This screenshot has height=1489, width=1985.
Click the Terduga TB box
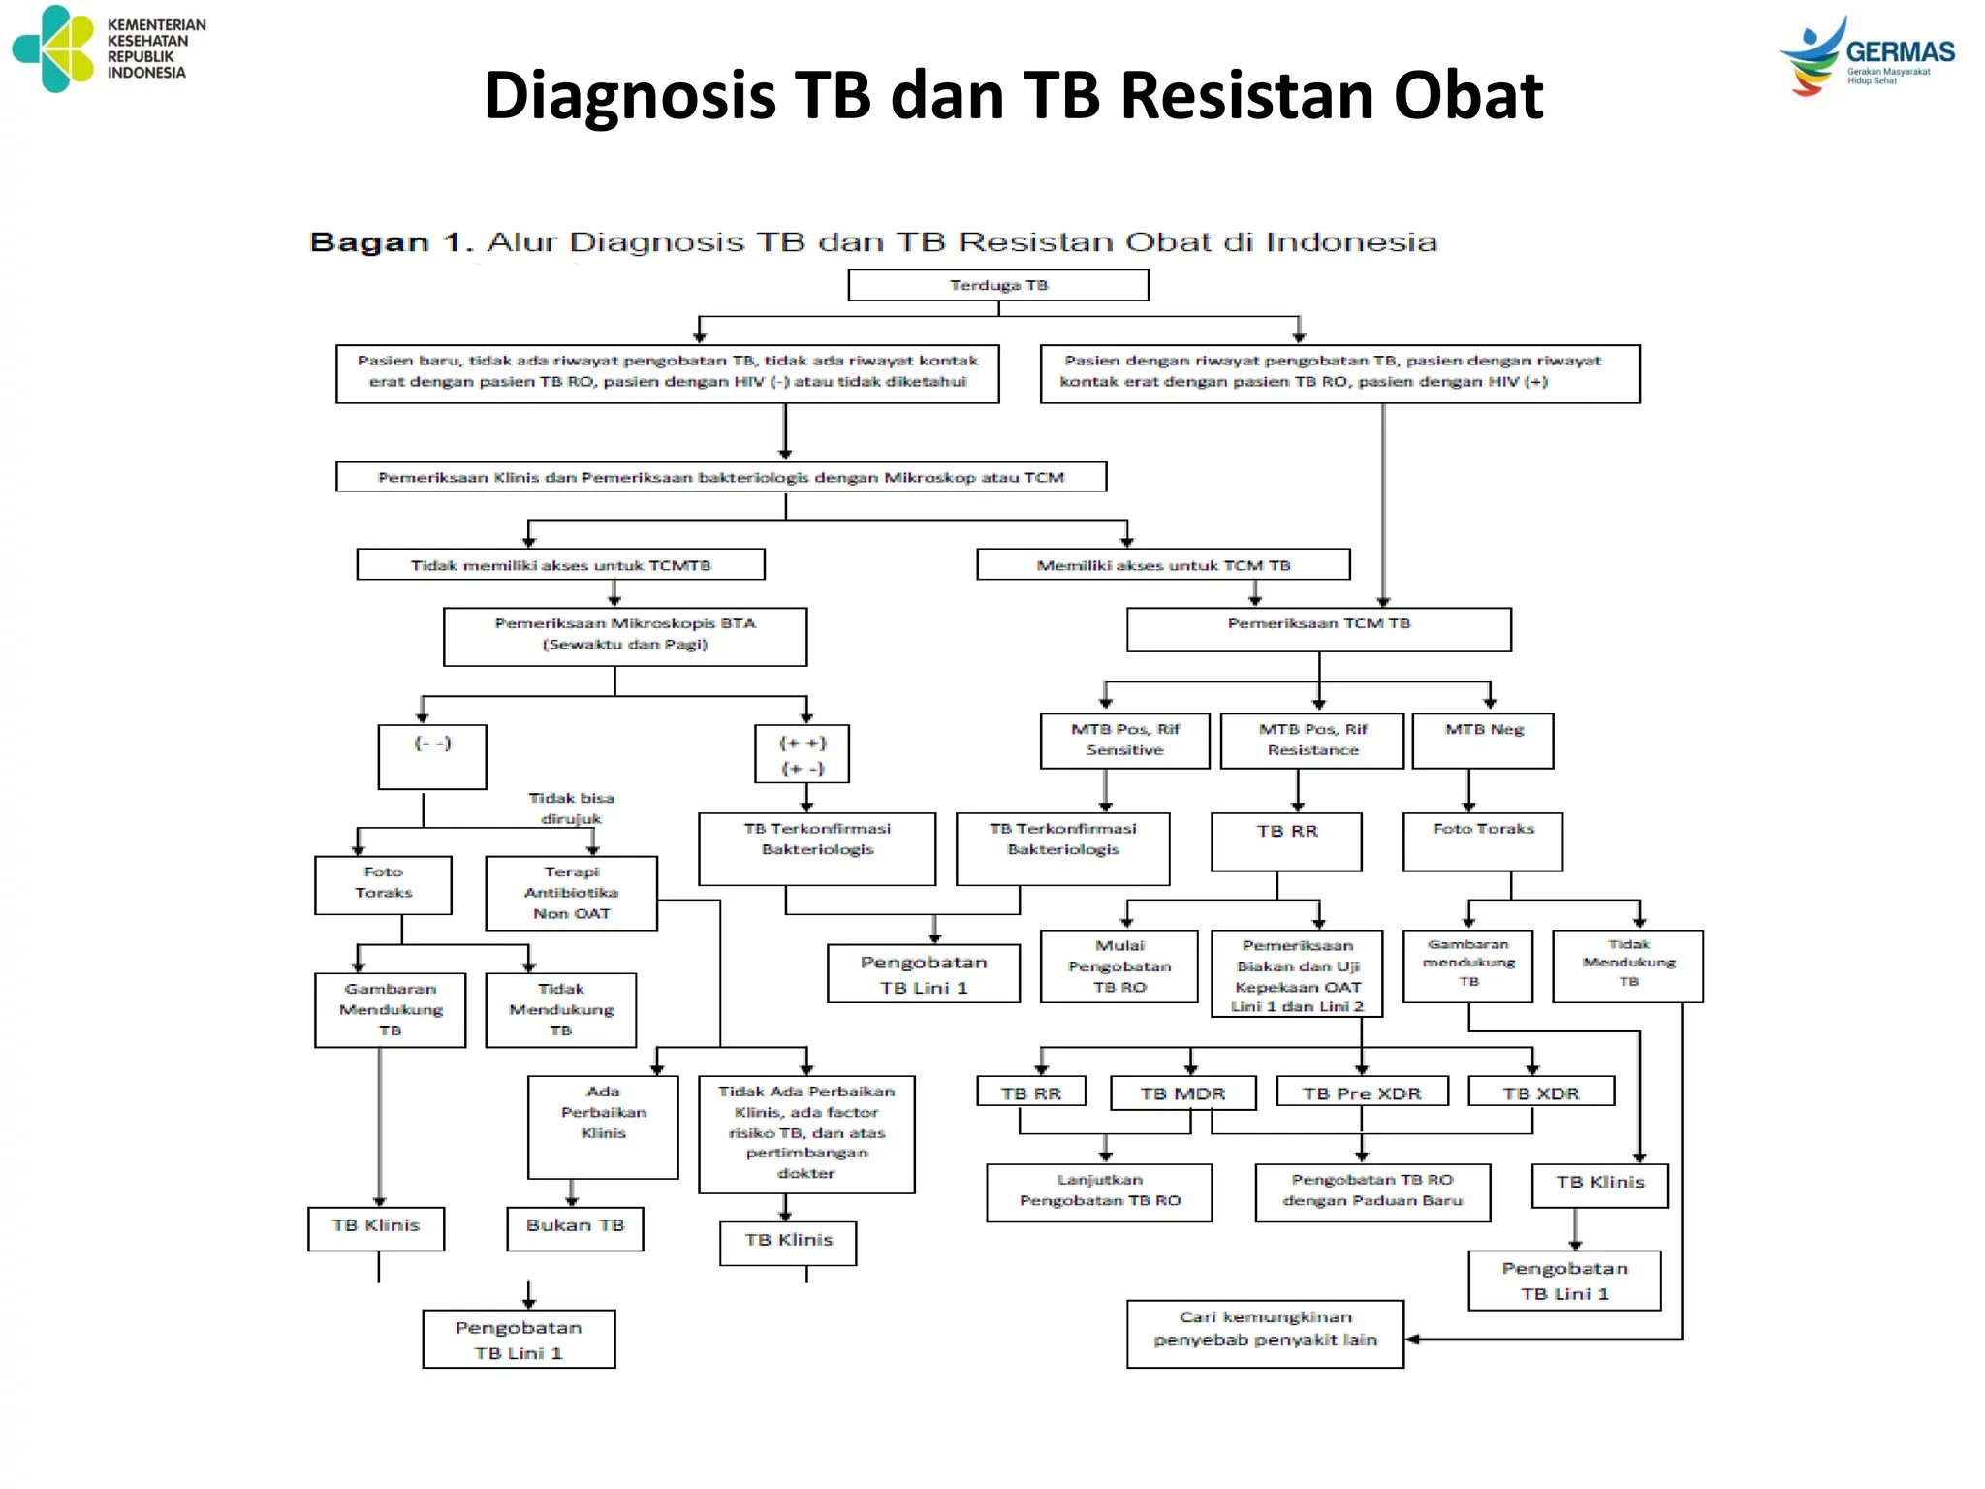998,285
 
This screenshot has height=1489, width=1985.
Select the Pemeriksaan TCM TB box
1318,628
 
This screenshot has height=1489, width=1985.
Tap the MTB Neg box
1483,741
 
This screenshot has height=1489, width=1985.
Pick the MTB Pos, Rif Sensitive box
1124,741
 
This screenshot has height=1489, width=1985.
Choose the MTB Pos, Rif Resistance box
1311,741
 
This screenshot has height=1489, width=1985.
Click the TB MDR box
1182,1093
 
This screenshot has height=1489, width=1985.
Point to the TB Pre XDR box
1362,1093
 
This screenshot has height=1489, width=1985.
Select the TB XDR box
1541,1093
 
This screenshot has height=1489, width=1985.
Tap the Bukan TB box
575,1228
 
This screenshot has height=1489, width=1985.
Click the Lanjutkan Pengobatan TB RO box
1099,1191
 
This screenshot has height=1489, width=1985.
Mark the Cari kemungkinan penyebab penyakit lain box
1265,1333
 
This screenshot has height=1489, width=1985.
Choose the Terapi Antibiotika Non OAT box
571,893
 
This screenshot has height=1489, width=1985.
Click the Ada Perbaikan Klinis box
603,1125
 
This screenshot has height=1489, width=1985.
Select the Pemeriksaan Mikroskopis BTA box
625,636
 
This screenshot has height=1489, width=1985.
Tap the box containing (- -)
432,756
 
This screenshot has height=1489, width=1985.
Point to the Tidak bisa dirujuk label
571,808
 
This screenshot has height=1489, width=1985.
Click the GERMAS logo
1867,56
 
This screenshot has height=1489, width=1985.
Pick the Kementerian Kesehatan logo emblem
54,48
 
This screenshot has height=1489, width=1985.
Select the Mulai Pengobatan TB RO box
1119,966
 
